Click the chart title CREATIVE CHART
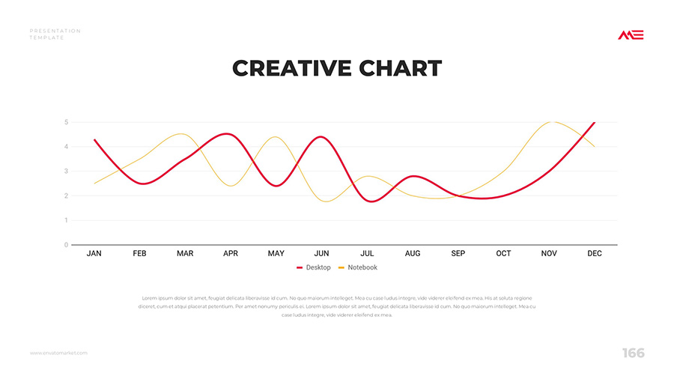[337, 68]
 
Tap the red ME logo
[631, 35]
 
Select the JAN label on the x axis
[94, 254]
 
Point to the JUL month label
[367, 254]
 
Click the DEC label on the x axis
[595, 254]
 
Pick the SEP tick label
[458, 254]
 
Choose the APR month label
[231, 254]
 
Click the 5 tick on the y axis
[66, 122]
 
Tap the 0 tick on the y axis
[66, 245]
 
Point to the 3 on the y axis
[66, 172]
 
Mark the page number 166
[633, 353]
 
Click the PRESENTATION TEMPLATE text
[55, 34]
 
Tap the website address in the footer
[59, 353]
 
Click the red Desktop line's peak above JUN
[321, 137]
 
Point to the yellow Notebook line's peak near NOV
[552, 121]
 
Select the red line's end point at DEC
[595, 122]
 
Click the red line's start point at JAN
[94, 140]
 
